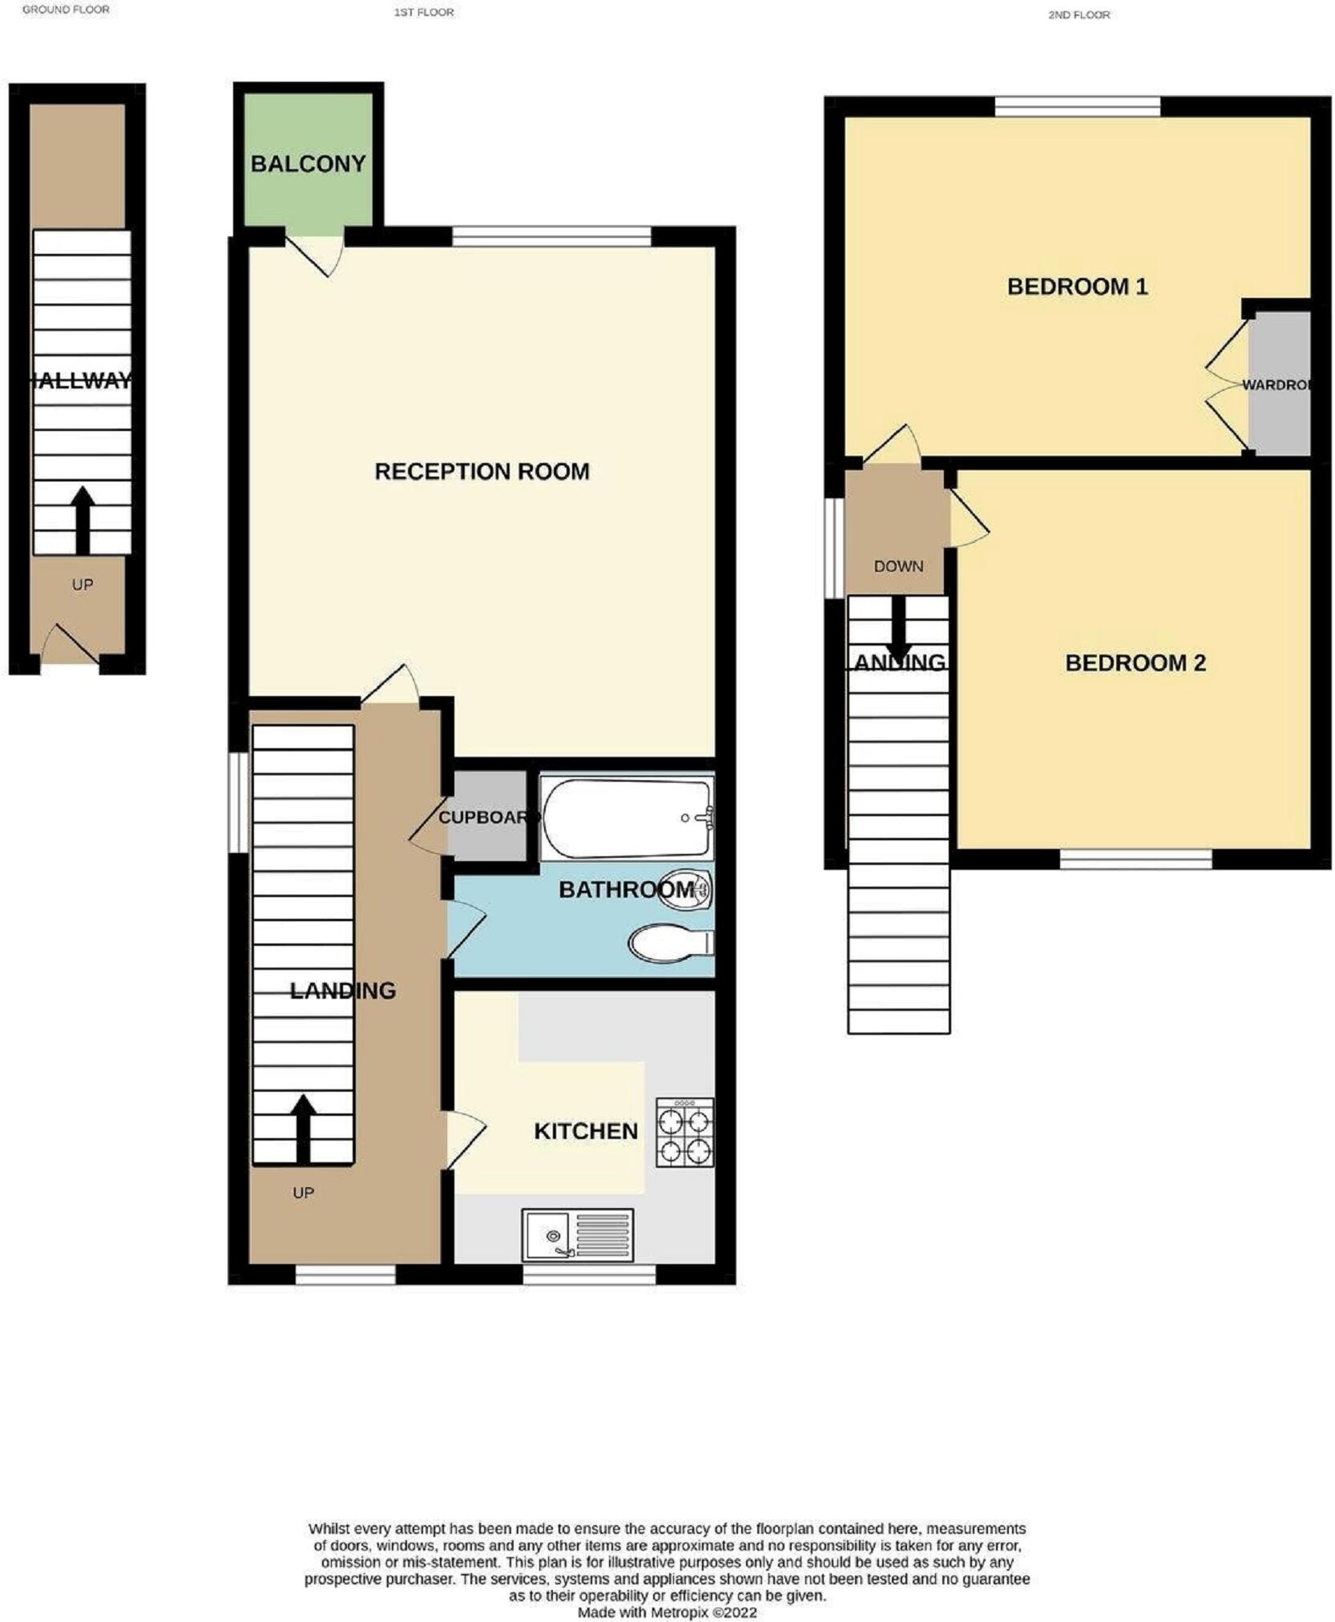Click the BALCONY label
(x=308, y=164)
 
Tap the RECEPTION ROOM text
(x=482, y=472)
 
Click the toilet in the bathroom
(x=668, y=944)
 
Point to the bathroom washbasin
(x=685, y=889)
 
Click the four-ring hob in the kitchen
(x=684, y=1132)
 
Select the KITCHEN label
(x=586, y=1131)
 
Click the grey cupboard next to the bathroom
(x=486, y=818)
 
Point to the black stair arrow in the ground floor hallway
(x=83, y=520)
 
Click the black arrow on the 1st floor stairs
(x=303, y=1129)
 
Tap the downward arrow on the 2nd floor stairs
(x=898, y=633)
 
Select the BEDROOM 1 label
(x=1077, y=287)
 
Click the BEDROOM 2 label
(x=1135, y=663)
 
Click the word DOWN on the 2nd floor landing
(x=898, y=566)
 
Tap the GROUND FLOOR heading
(x=66, y=10)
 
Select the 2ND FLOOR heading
(x=1079, y=14)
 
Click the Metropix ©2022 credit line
(x=667, y=1612)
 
